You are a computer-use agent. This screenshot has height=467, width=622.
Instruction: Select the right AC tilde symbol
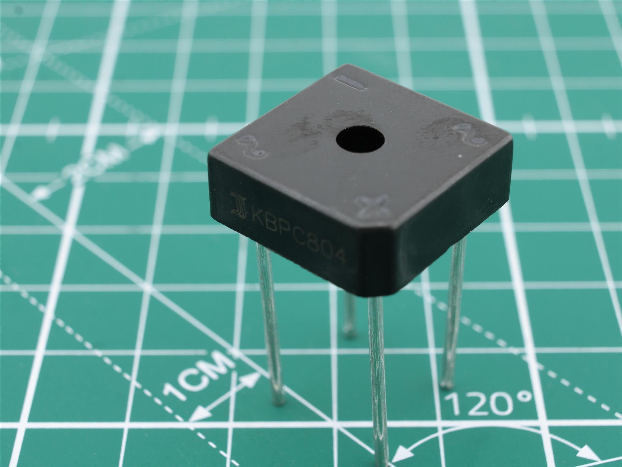pyautogui.click(x=469, y=134)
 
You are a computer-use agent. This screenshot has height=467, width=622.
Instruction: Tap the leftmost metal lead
pyautogui.click(x=271, y=321)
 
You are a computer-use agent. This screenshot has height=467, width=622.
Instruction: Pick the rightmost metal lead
pyautogui.click(x=453, y=311)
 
